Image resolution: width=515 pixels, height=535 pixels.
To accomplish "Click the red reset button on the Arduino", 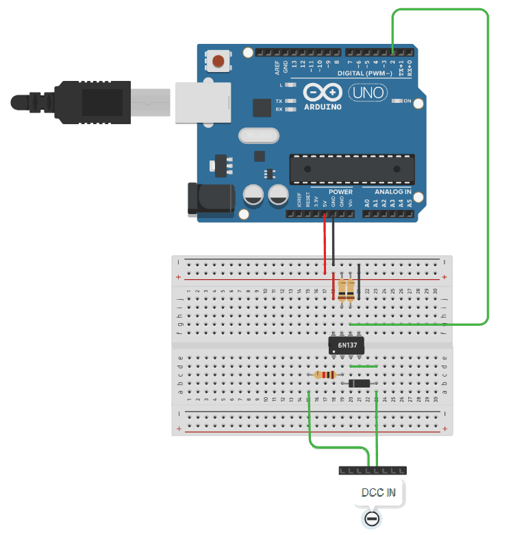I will coord(218,61).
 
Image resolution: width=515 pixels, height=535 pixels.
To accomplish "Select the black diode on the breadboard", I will coord(360,383).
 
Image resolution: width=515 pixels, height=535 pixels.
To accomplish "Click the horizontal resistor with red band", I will coord(325,375).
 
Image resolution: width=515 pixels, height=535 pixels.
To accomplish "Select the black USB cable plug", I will coord(82,102).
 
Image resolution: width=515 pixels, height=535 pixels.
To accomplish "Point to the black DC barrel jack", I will coord(210,200).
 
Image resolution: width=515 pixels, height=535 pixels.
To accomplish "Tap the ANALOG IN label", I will coord(393,191).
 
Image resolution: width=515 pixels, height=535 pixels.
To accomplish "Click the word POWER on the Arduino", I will coord(340,192).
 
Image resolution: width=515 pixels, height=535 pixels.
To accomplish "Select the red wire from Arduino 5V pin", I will coord(325,243).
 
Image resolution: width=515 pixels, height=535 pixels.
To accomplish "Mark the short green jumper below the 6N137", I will coord(364,366).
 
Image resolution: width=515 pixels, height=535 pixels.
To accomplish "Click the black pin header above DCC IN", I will coord(372,471).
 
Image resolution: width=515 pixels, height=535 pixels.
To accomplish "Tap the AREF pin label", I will coord(277,67).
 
